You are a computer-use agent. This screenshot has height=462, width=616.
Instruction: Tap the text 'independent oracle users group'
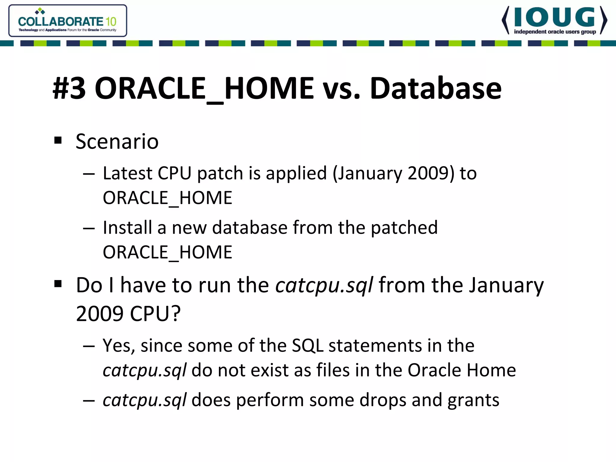pos(555,32)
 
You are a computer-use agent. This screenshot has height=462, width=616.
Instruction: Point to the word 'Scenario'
pos(117,141)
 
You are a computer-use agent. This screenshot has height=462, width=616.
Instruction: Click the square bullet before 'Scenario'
pos(58,140)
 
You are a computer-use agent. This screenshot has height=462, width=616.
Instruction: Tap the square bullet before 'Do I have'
pos(58,284)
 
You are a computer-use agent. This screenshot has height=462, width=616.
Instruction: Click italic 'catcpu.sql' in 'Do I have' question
pos(324,285)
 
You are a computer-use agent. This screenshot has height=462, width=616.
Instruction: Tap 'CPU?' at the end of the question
pos(155,314)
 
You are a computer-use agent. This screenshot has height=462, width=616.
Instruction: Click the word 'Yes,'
pos(119,346)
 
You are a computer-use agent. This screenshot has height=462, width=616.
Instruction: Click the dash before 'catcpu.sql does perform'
pos(89,401)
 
